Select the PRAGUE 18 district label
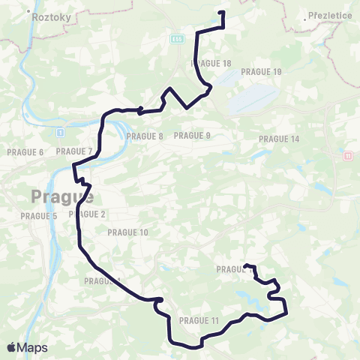click(x=211, y=64)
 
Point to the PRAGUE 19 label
click(x=262, y=72)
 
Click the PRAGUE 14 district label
click(x=279, y=139)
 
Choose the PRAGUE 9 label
click(x=192, y=136)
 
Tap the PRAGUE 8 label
click(x=145, y=136)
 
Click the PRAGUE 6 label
click(x=25, y=152)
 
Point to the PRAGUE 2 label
click(x=88, y=214)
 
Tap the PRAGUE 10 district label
click(x=128, y=232)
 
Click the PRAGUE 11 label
click(x=199, y=321)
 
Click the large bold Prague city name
click(x=62, y=197)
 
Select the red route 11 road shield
click(x=347, y=156)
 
